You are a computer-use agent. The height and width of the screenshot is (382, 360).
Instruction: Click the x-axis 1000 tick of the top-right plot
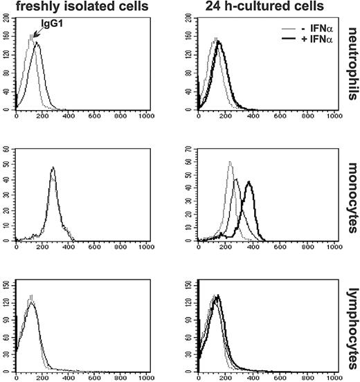[x=334, y=116]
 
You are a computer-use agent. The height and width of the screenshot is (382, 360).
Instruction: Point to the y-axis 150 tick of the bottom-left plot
[x=8, y=283]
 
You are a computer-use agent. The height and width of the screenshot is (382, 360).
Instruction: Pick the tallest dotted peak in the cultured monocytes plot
[x=229, y=163]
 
